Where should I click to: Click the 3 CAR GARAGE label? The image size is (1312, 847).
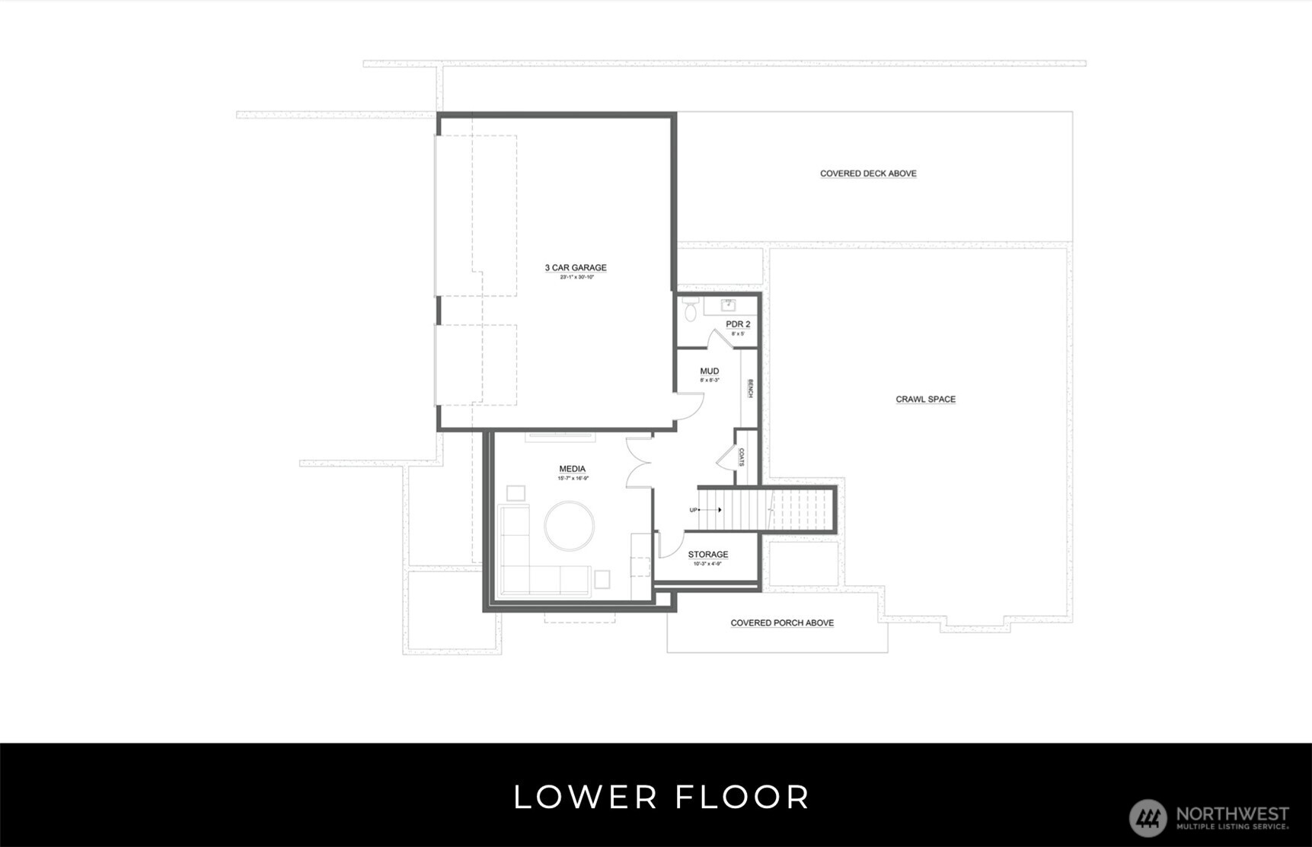576,268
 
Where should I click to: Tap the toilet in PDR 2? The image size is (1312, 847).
691,310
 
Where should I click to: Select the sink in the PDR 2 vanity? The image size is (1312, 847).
728,305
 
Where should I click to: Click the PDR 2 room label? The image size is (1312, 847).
738,324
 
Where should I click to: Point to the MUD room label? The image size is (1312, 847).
709,371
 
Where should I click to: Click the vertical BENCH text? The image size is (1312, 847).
750,389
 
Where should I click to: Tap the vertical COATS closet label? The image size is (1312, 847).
742,457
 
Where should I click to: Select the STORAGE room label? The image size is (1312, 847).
708,555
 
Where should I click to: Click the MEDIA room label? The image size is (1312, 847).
572,470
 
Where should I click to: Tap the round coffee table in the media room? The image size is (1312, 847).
570,525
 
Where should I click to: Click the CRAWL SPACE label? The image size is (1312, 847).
925,400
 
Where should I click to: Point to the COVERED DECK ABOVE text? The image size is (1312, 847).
868,174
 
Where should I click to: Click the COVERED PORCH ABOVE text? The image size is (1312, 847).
782,623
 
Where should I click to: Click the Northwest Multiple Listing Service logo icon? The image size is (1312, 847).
1148,818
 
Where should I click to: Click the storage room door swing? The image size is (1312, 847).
669,543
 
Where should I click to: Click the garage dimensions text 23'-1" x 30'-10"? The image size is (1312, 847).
576,278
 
